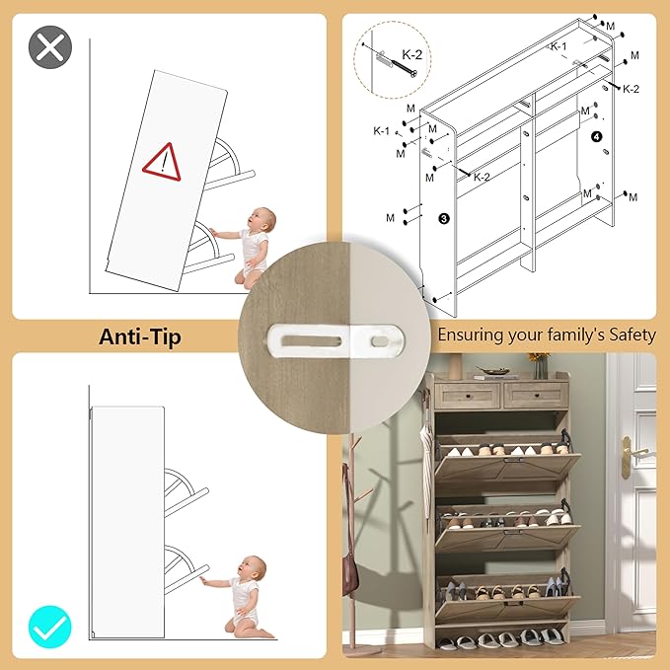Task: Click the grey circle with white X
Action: coord(50,47)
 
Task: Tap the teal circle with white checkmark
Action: coord(50,627)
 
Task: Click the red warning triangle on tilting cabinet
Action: coord(163,163)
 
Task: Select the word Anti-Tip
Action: coord(140,336)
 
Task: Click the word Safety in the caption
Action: coord(632,335)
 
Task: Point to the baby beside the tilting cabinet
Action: coord(249,247)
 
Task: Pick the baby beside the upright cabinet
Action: coord(241,597)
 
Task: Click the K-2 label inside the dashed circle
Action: coord(411,54)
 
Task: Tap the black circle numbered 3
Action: coord(443,219)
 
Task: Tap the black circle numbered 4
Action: coord(597,137)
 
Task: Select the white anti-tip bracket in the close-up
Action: coord(335,341)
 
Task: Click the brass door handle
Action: coord(632,455)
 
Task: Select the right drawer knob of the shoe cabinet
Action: coord(536,396)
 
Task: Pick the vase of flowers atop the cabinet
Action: coord(540,365)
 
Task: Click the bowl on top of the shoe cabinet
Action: coord(492,370)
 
